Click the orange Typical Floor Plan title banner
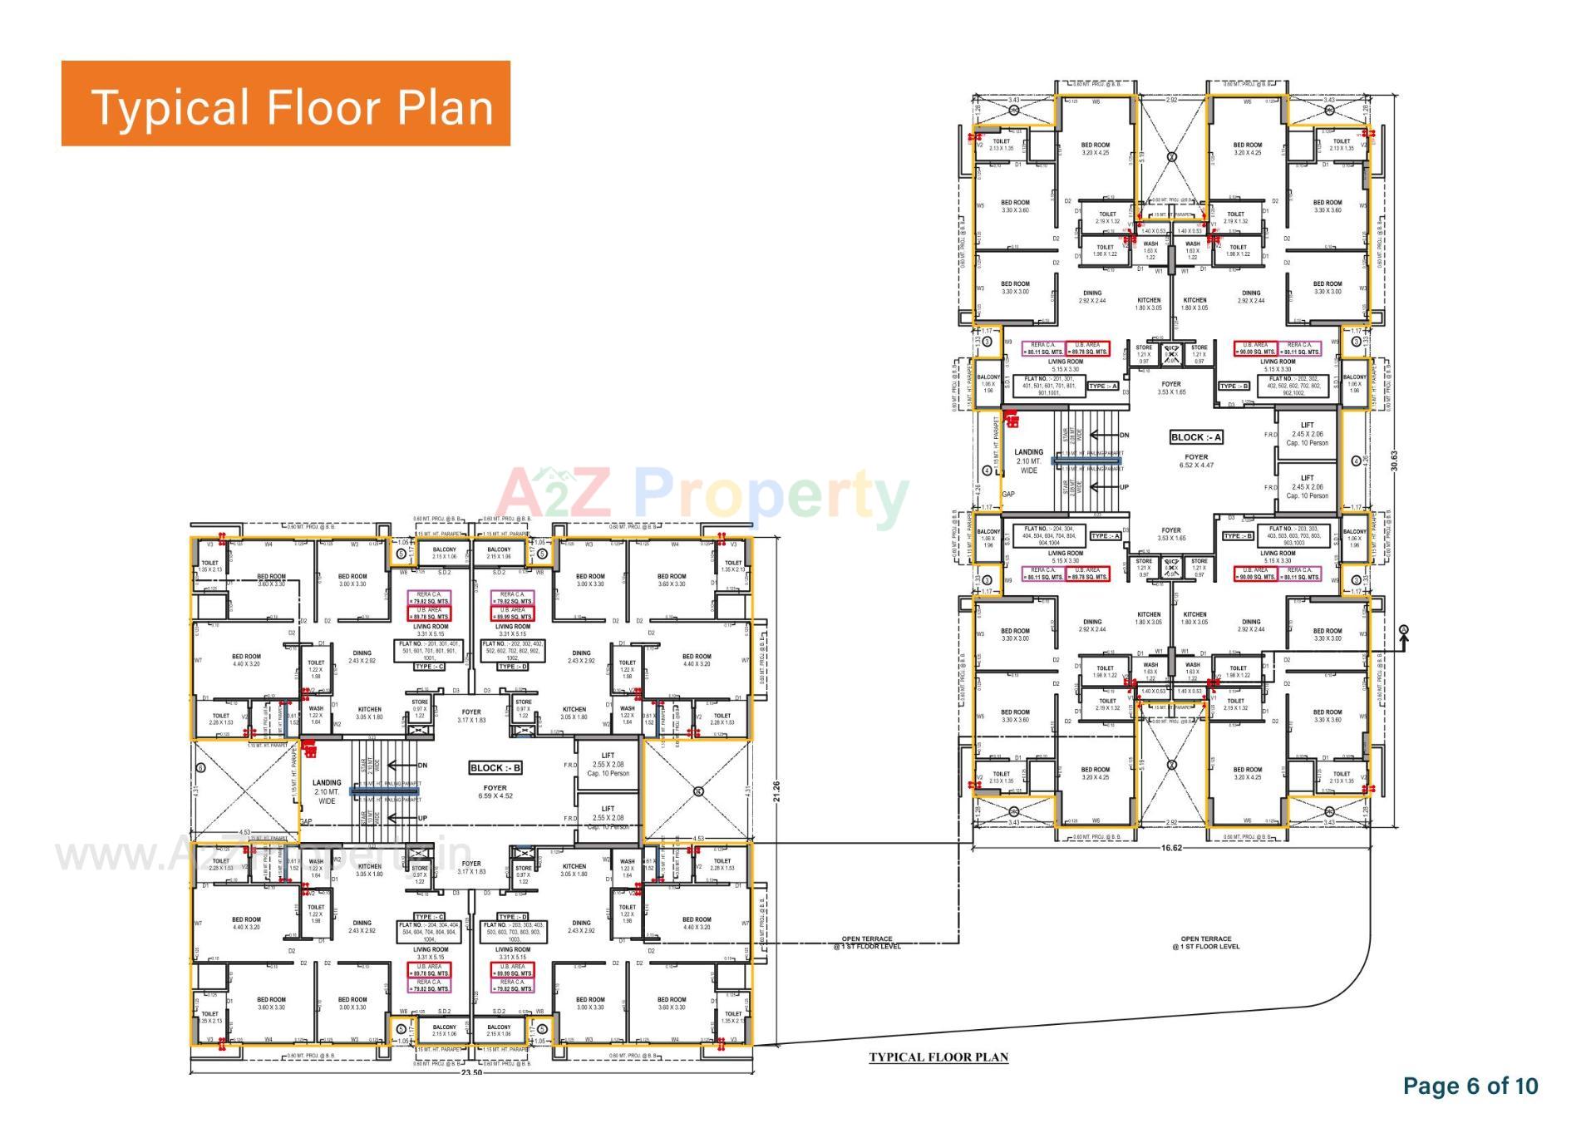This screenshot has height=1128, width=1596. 285,104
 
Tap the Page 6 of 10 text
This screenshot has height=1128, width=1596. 1470,1086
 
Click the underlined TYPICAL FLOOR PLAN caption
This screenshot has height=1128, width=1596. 938,1057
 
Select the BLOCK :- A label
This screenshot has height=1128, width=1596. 1196,437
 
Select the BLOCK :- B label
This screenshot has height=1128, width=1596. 495,768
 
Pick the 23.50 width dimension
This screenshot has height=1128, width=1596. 471,1073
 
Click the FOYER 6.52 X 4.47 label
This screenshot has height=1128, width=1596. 1196,461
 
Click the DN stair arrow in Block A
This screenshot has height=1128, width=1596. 1110,435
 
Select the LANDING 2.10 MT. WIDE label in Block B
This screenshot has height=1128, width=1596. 327,791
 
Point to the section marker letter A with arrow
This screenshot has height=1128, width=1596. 1404,631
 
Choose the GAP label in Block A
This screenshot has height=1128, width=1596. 1008,494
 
